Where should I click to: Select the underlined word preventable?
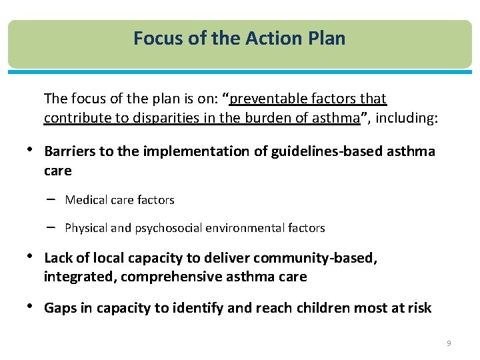(x=269, y=99)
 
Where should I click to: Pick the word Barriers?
(x=69, y=151)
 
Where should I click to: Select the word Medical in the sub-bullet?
(x=83, y=200)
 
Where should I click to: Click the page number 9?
(x=449, y=343)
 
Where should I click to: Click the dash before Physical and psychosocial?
(x=51, y=227)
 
